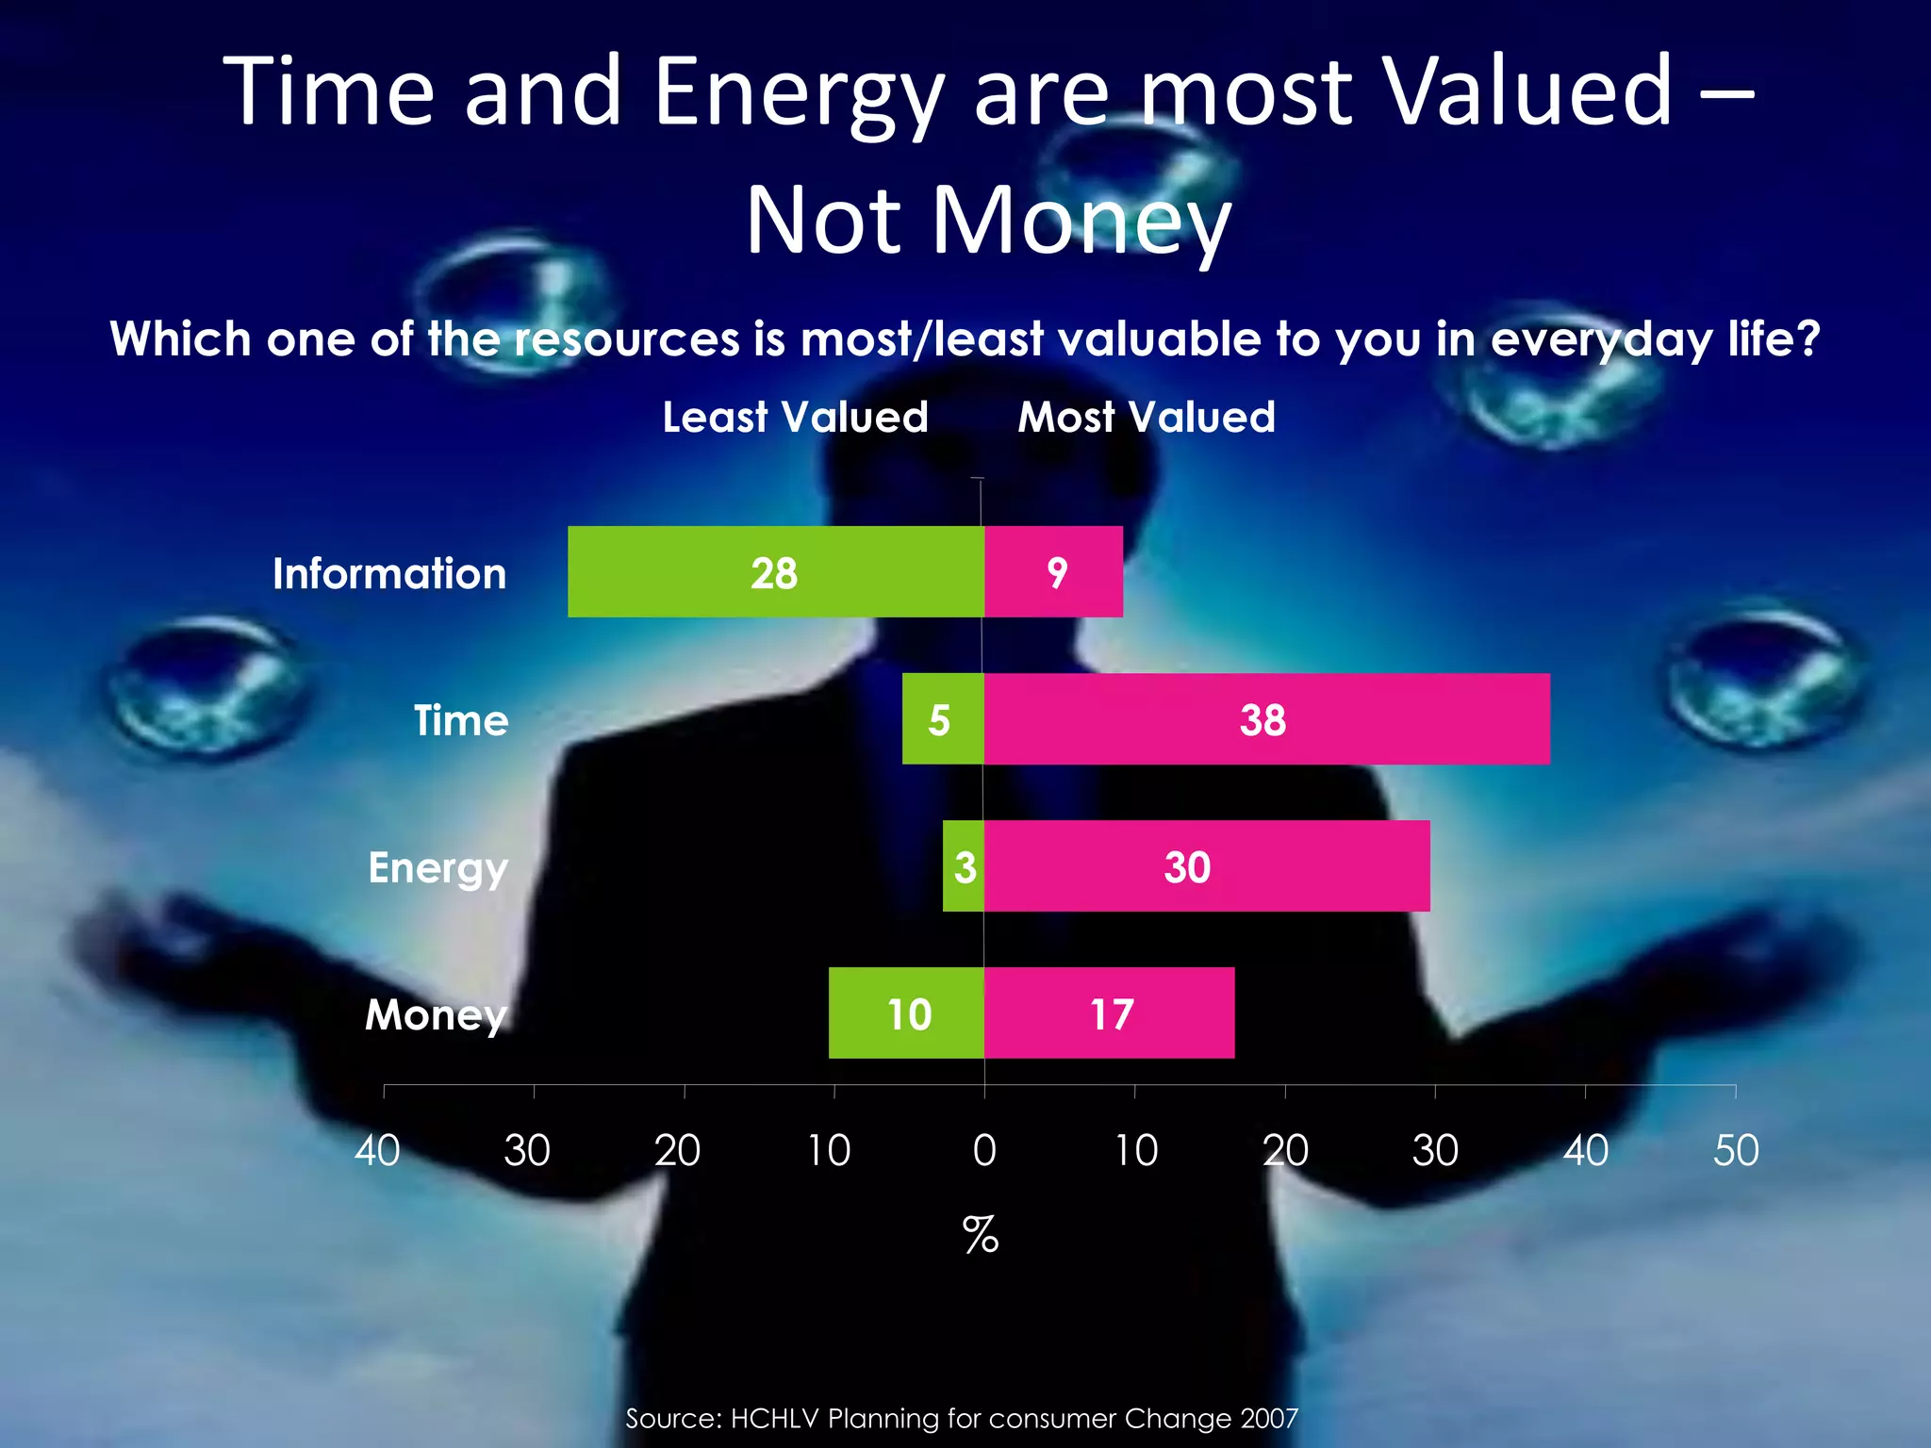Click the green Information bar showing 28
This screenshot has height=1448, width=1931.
point(775,572)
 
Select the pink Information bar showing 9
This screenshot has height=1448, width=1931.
point(1053,572)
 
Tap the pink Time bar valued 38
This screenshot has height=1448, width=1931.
point(1266,719)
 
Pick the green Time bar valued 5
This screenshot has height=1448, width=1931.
point(942,719)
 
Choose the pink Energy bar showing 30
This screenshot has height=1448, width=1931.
point(1206,866)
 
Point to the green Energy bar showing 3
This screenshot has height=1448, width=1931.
point(963,866)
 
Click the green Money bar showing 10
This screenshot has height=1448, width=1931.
point(906,1013)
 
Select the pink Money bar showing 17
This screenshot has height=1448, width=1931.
point(1109,1013)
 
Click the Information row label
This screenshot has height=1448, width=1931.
point(389,573)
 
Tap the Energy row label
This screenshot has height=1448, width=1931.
point(437,868)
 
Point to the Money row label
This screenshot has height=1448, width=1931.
point(436,1015)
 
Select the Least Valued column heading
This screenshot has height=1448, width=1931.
point(795,417)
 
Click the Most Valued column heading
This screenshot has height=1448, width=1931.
point(1147,417)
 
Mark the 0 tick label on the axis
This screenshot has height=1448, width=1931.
point(984,1150)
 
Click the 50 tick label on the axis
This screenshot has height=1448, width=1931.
point(1736,1150)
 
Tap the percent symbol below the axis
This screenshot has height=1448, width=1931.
point(981,1234)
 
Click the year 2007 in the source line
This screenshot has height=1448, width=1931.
point(1269,1418)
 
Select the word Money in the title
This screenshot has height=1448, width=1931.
point(1082,222)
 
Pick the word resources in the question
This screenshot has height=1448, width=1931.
point(626,338)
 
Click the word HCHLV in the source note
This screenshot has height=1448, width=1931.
point(774,1418)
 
